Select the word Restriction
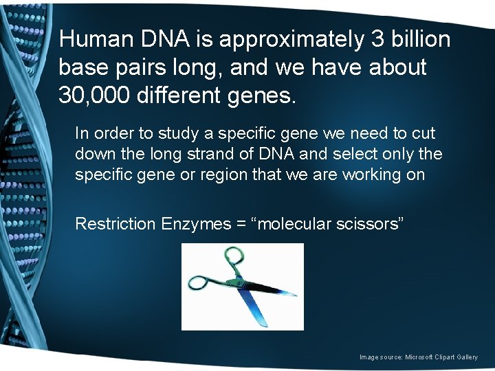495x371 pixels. [115, 223]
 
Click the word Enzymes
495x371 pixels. [193, 224]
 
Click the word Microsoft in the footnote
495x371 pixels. [420, 357]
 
